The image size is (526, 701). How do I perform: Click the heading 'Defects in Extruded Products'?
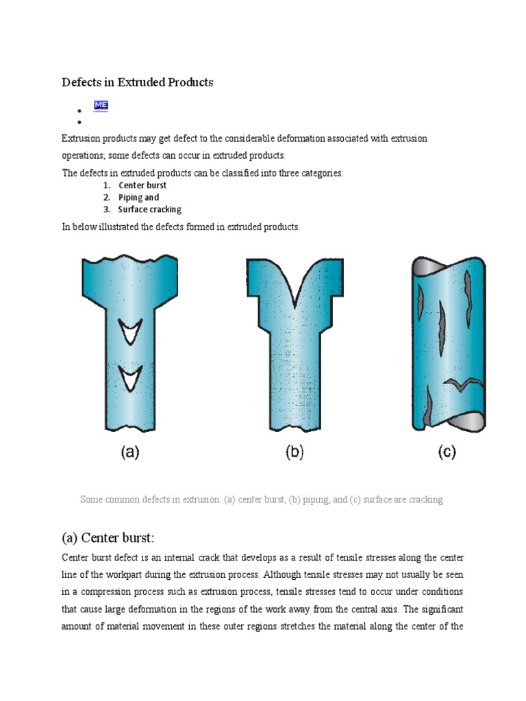coord(138,82)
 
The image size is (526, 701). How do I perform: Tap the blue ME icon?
coord(101,105)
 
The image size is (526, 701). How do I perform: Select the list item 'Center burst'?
coord(142,185)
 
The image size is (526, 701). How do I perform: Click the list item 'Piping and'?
coord(138,197)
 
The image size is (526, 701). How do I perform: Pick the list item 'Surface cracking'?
coord(149,209)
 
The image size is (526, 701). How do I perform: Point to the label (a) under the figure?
coord(130,453)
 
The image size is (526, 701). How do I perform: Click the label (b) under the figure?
coord(294,453)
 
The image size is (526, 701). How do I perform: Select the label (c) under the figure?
coord(446,453)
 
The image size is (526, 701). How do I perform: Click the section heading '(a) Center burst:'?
coord(113,536)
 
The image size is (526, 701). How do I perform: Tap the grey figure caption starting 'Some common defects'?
coord(262,500)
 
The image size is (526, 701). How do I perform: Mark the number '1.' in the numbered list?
coord(107,185)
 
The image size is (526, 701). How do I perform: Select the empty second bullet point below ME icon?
coord(80,122)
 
